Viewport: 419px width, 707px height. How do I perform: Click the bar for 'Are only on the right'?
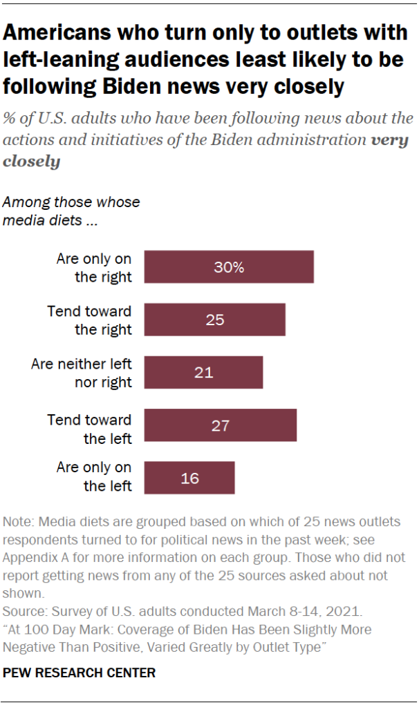[x=229, y=267]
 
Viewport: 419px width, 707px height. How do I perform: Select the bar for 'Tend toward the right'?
[x=214, y=320]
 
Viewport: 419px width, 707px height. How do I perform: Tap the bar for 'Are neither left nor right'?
[x=203, y=373]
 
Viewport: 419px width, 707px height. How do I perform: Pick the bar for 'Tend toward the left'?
[x=220, y=425]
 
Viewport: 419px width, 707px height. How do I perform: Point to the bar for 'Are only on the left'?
[x=189, y=478]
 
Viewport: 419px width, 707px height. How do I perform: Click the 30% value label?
[x=229, y=267]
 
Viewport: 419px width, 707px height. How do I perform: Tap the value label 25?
[x=214, y=320]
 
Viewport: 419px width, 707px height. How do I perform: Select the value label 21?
[x=203, y=373]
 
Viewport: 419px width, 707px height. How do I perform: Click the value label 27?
[x=220, y=425]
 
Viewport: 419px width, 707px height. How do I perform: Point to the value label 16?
[x=189, y=478]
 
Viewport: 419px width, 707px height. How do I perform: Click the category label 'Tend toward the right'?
[x=89, y=320]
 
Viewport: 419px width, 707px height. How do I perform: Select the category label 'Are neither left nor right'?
[x=82, y=373]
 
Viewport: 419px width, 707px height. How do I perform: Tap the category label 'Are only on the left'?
[x=94, y=477]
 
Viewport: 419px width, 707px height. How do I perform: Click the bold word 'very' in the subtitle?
[x=389, y=141]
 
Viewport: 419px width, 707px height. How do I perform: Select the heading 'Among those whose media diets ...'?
[x=71, y=212]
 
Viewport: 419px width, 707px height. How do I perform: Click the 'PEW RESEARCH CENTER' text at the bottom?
[x=80, y=672]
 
